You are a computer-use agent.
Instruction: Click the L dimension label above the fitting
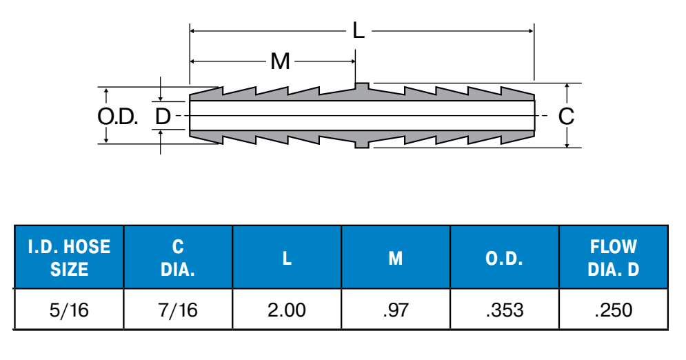[x=358, y=30]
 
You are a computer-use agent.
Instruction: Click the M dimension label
[x=280, y=61]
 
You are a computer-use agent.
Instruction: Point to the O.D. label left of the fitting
[x=118, y=116]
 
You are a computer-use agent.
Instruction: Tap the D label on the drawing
[x=162, y=116]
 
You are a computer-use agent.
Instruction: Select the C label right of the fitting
[x=565, y=116]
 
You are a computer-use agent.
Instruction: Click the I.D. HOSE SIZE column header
[x=69, y=257]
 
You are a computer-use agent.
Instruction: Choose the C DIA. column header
[x=178, y=257]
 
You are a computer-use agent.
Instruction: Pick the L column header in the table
[x=287, y=258]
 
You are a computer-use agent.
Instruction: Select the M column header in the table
[x=396, y=258]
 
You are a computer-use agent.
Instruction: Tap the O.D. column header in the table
[x=504, y=258]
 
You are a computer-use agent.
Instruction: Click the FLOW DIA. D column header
[x=613, y=257]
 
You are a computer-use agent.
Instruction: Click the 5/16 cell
[x=69, y=310]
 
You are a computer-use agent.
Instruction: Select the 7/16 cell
[x=178, y=310]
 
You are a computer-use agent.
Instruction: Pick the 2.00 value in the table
[x=287, y=310]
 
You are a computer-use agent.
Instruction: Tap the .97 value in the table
[x=396, y=310]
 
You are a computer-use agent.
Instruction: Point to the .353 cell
[x=504, y=310]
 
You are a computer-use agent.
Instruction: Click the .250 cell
[x=613, y=310]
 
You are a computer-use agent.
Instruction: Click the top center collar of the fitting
[x=361, y=87]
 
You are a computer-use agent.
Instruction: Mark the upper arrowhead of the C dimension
[x=566, y=87]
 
